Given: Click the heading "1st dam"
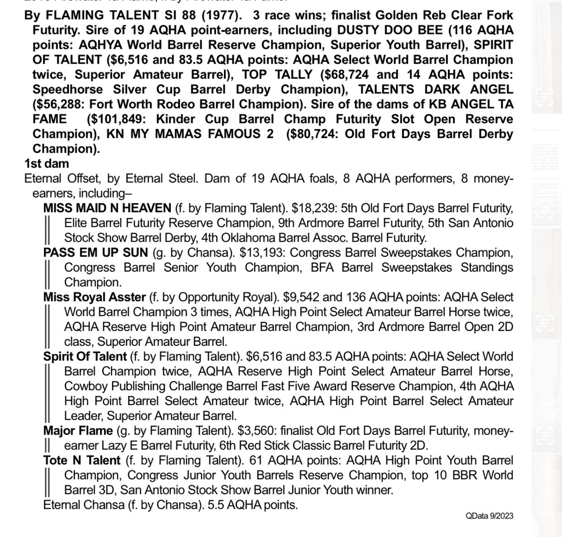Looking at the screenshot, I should point(47,163).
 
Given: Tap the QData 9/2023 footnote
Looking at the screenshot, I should point(489,516).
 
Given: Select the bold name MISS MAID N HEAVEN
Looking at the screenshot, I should point(107,208).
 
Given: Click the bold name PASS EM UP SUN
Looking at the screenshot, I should point(96,253).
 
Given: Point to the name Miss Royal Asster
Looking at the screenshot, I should point(94,297).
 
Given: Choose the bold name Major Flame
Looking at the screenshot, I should point(78,431).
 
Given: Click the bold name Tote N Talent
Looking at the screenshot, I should point(82,461).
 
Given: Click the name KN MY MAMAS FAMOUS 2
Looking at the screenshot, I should point(190,134).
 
